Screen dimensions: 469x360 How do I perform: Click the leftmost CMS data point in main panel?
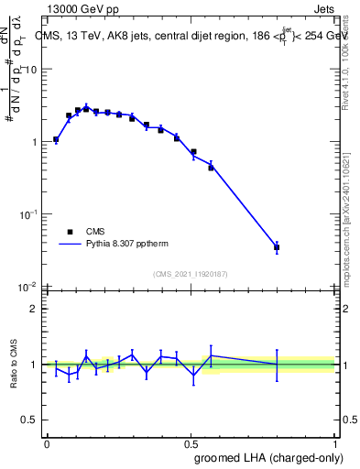coord(56,140)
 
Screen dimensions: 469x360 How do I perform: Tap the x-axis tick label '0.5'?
coord(191,443)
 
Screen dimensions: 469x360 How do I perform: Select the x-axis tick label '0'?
coord(47,443)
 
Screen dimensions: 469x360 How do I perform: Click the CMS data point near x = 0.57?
coord(211,168)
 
